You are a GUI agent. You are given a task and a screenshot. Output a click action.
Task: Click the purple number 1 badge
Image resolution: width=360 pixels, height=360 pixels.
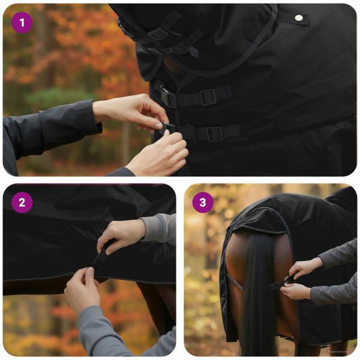22,23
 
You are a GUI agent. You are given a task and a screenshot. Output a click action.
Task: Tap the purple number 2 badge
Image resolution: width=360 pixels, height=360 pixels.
22,202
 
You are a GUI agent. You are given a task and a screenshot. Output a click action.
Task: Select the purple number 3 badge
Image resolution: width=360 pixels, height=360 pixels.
203,202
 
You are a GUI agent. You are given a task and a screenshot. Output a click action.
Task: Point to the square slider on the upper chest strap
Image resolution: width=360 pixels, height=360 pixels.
208,96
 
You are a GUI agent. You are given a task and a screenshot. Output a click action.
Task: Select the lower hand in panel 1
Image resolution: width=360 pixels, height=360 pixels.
159,153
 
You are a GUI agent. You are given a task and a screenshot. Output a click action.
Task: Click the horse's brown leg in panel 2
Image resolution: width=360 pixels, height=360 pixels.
153,306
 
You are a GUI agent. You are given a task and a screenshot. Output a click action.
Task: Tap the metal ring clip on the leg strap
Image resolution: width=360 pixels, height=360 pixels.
289,280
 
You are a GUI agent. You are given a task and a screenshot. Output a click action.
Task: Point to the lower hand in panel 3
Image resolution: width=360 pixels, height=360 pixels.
296,291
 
